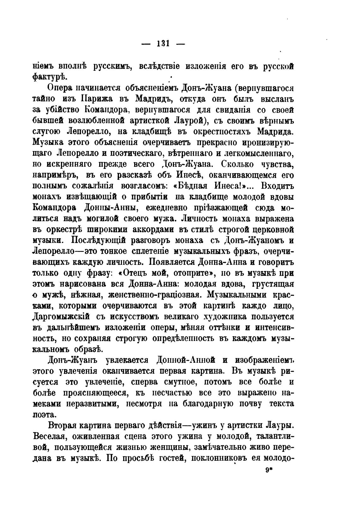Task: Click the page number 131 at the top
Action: pyautogui.click(x=163, y=44)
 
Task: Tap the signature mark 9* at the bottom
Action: pyautogui.click(x=269, y=470)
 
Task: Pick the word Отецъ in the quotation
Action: pyautogui.click(x=142, y=273)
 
